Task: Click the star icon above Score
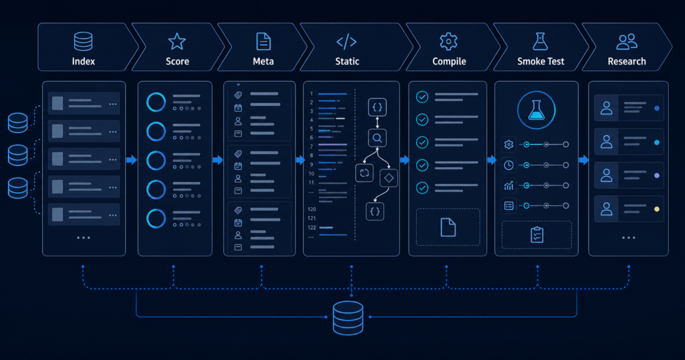click(177, 41)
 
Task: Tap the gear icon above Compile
click(449, 41)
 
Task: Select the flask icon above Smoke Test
click(541, 41)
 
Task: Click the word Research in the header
click(626, 61)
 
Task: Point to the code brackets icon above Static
click(347, 42)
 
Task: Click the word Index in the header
click(84, 61)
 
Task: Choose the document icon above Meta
click(263, 41)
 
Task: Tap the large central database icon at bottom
click(348, 318)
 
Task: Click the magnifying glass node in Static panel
click(377, 139)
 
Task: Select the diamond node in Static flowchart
click(389, 178)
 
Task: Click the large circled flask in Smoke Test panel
click(536, 110)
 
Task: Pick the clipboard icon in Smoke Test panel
click(537, 235)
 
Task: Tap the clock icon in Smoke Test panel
click(508, 165)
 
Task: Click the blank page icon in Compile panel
click(448, 228)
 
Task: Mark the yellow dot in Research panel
click(657, 209)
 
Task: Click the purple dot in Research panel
click(657, 175)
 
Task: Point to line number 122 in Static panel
click(312, 228)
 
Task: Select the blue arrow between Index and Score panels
click(132, 160)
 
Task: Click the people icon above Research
click(626, 41)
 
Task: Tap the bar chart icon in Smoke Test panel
click(508, 185)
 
